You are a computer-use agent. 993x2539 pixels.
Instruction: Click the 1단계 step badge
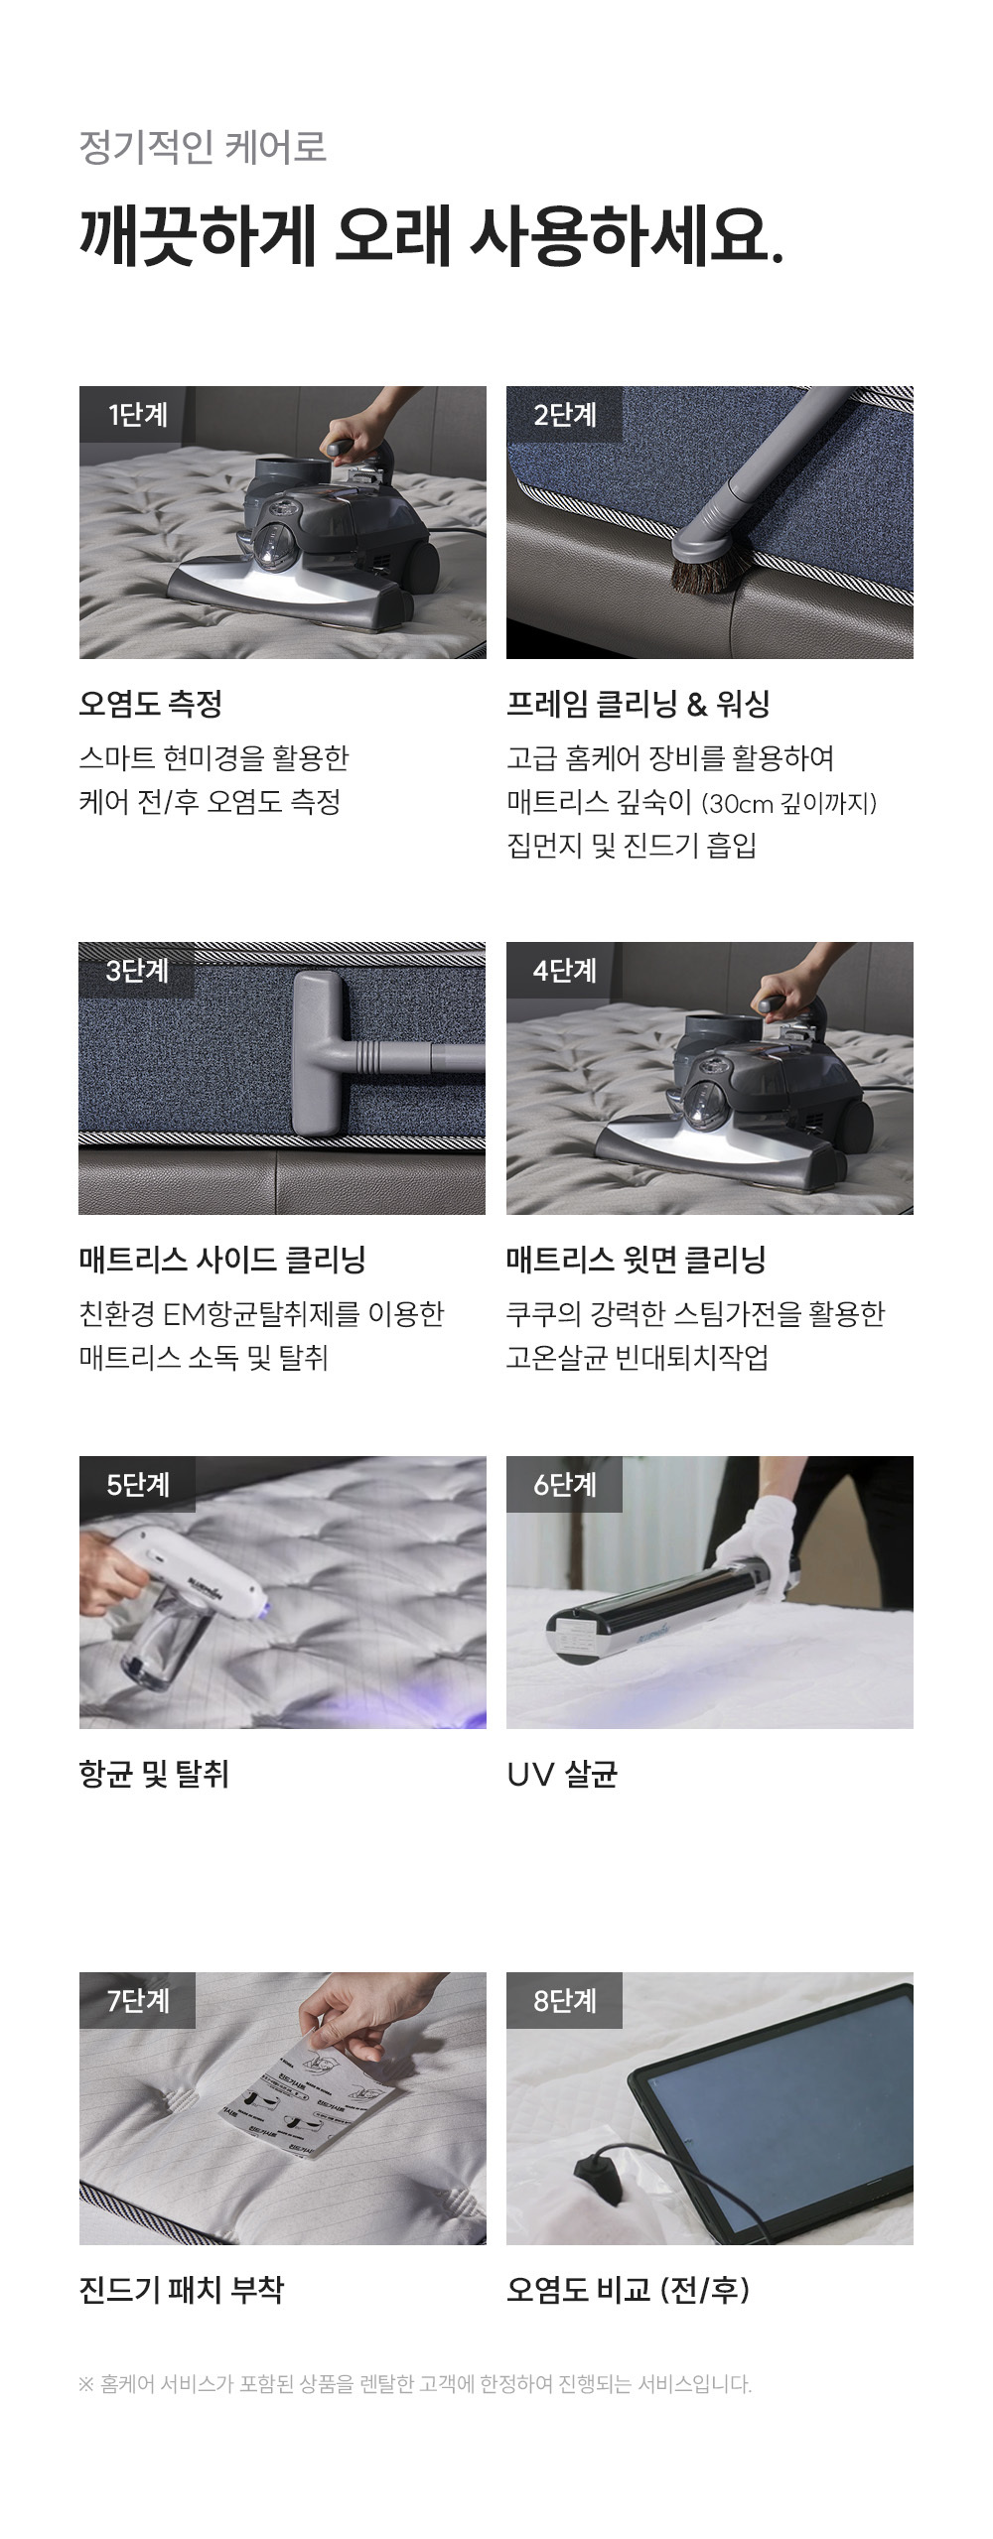point(137,415)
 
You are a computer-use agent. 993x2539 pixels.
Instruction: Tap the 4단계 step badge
point(564,971)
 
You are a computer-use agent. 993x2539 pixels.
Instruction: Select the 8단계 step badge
point(564,2000)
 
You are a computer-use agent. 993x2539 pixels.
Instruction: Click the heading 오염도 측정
point(151,705)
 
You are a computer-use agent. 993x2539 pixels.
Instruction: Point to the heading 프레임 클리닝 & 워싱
point(638,705)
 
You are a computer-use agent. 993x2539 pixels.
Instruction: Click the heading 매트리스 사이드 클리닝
point(222,1261)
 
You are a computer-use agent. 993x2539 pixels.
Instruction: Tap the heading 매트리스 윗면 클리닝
point(637,1261)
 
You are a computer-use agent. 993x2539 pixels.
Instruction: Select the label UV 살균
point(562,1774)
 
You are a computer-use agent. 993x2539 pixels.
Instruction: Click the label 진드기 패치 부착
point(182,2290)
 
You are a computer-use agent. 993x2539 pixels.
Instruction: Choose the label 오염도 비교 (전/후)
point(628,2290)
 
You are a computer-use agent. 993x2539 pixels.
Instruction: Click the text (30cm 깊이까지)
point(789,803)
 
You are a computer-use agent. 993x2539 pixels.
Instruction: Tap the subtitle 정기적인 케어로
point(203,147)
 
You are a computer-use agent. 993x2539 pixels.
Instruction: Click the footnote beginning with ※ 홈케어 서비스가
point(415,2383)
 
